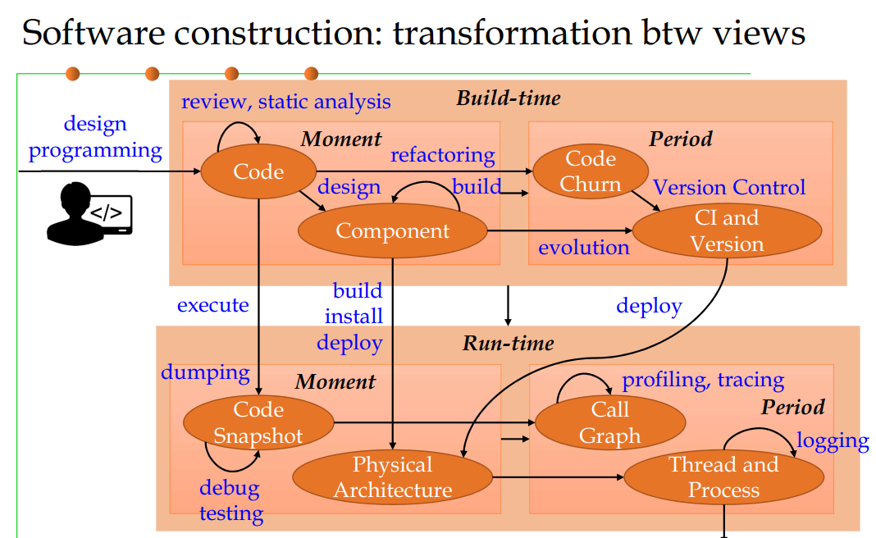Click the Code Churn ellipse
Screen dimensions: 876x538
591,171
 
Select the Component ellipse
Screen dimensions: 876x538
393,230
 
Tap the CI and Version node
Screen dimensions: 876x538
727,230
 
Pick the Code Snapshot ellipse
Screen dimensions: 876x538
258,423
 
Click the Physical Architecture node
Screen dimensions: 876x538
393,477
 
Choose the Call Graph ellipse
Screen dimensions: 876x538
610,423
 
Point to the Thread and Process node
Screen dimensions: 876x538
724,477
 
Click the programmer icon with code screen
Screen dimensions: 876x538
89,214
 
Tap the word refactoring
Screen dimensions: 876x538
442,155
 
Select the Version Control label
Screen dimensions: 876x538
729,187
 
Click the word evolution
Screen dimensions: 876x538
584,248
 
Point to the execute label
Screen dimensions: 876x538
213,305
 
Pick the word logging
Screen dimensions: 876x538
833,441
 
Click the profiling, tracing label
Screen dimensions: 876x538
704,380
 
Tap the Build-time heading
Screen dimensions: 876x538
509,98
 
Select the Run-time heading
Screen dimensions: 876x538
509,343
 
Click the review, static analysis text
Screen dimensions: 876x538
286,102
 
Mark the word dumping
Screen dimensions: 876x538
205,373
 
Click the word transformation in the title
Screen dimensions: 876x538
513,33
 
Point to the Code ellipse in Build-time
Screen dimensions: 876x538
258,171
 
